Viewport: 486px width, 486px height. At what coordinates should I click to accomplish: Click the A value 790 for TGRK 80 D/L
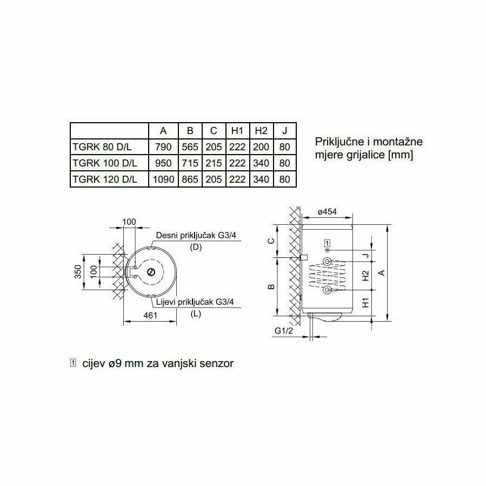click(x=163, y=147)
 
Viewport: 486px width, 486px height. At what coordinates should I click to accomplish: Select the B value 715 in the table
click(x=190, y=163)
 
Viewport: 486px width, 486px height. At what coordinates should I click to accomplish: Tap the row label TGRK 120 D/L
click(x=105, y=179)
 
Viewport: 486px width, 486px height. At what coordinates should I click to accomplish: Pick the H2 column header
click(x=261, y=131)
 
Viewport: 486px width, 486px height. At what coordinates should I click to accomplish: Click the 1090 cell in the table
click(x=163, y=179)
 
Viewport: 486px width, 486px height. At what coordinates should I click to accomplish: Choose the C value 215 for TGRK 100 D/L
click(x=214, y=163)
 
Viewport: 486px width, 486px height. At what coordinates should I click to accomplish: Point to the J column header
click(x=285, y=131)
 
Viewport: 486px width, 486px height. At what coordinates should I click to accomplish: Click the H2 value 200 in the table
click(x=261, y=147)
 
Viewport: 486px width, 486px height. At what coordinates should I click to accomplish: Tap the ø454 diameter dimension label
click(x=327, y=212)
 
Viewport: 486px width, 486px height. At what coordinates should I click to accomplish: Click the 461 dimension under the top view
click(x=150, y=315)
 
